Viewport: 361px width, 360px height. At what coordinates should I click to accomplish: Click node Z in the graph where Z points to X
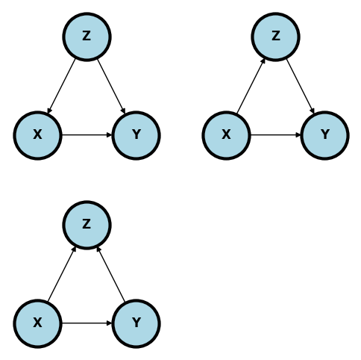tap(87, 36)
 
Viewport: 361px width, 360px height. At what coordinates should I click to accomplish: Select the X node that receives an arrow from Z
tap(37, 135)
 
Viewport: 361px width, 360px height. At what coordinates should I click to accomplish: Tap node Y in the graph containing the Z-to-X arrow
tap(136, 135)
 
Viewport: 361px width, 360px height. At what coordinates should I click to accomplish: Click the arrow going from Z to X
tap(62, 85)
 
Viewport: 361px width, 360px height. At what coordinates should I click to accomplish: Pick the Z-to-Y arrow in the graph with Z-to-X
tap(111, 85)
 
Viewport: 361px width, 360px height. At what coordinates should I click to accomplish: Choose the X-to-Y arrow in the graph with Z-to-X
tap(87, 135)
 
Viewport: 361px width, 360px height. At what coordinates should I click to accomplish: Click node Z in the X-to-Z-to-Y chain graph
tap(275, 36)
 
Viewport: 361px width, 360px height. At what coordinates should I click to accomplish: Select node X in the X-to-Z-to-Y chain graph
tap(226, 135)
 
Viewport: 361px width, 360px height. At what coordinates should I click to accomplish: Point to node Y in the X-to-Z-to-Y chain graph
tap(324, 135)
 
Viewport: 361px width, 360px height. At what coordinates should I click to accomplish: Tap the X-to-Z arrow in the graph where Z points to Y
tap(251, 85)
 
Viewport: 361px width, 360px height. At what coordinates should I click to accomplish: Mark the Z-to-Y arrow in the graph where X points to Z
tap(300, 85)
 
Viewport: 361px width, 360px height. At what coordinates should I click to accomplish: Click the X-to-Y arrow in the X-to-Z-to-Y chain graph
tap(275, 135)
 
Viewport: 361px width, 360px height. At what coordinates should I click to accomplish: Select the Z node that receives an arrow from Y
tap(87, 224)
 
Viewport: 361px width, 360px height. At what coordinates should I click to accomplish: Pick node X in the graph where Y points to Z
tap(37, 323)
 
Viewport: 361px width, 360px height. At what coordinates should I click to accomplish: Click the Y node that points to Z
tap(136, 323)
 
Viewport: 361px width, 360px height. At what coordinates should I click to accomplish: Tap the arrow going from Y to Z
tap(111, 274)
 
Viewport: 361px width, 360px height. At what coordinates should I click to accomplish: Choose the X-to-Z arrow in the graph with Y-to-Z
tap(62, 274)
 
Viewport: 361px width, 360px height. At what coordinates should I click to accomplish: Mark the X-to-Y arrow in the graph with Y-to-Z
tap(87, 323)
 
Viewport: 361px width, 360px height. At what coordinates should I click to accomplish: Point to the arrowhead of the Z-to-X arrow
tap(49, 111)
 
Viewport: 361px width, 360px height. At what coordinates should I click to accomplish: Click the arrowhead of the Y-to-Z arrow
tap(99, 249)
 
